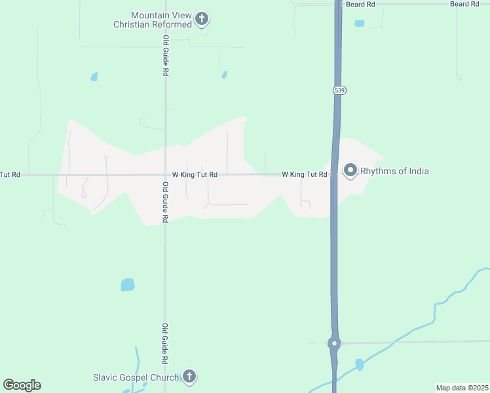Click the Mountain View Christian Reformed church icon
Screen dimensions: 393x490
click(202, 18)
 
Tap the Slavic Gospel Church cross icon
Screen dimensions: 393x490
click(189, 376)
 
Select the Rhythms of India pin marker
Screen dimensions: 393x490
click(350, 171)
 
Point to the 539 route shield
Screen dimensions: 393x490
click(339, 90)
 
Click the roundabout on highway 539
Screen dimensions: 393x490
click(334, 343)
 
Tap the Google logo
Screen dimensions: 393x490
click(22, 385)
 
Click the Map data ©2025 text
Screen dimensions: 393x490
click(461, 388)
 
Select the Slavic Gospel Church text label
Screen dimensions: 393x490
click(136, 377)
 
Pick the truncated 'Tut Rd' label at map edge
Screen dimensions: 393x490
click(10, 175)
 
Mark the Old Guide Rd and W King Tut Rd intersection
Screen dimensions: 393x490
click(165, 175)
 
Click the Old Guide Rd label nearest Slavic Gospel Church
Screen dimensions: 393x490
click(165, 343)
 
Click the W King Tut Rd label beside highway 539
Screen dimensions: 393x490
click(304, 174)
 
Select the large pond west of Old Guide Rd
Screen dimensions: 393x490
click(128, 285)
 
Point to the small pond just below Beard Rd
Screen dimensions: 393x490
click(359, 24)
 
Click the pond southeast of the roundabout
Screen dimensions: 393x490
click(359, 364)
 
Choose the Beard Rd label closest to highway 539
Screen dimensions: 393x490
click(360, 4)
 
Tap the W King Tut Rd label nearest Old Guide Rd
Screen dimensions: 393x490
click(195, 175)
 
